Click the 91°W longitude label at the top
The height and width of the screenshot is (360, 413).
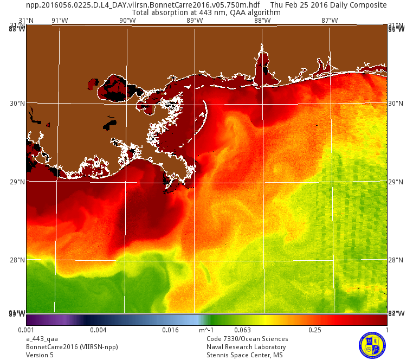coord(60,21)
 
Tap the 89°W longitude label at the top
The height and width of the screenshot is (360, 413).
coord(195,21)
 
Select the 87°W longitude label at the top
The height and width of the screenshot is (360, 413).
coord(330,21)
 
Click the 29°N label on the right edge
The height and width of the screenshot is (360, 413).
coord(396,182)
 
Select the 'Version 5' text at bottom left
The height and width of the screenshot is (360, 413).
coord(40,355)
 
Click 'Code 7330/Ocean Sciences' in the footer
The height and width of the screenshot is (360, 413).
coord(247,339)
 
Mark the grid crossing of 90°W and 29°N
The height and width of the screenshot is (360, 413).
coord(127,182)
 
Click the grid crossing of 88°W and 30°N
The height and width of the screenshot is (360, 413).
coord(263,104)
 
